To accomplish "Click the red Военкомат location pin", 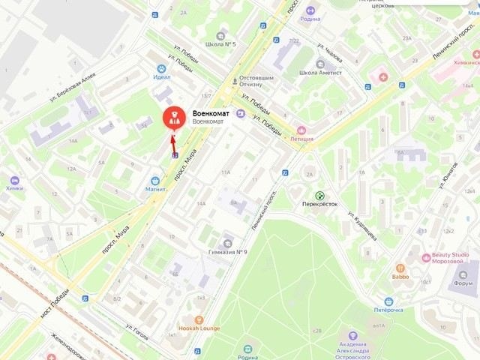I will (x=172, y=118).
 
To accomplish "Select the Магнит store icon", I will (x=155, y=180).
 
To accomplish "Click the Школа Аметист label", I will (x=320, y=73).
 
